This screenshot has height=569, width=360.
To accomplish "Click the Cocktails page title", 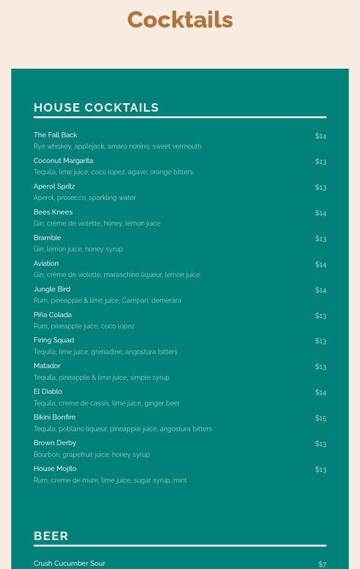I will point(180,20).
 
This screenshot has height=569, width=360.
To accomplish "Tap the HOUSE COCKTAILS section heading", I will point(96,107).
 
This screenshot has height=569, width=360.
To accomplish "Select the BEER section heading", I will point(51,536).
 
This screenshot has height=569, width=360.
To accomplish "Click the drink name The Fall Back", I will point(55,135).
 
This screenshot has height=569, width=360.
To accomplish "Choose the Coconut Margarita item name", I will point(63,161).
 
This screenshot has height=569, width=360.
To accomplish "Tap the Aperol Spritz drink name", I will point(54,186).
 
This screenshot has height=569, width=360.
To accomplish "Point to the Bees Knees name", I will point(53,212).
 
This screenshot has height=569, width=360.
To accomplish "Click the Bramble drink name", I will point(47,238).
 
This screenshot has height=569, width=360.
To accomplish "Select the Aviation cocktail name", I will point(46,263).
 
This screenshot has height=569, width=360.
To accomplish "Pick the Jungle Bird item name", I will point(52,289).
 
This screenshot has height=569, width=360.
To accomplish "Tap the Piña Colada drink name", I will point(52,315).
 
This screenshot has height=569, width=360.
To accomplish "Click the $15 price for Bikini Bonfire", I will point(321,418).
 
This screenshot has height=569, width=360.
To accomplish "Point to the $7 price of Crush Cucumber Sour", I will point(322,564).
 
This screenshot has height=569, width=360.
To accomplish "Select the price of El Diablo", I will point(321,392).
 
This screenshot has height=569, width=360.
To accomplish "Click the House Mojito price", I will point(321,469).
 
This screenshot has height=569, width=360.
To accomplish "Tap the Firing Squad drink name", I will point(54,340).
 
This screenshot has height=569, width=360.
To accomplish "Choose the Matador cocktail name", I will point(47,366).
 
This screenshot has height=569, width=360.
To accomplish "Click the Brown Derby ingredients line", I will point(92,455).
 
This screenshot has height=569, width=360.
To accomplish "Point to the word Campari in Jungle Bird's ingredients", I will point(135,300).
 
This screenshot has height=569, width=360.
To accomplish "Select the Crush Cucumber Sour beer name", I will point(69,563).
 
